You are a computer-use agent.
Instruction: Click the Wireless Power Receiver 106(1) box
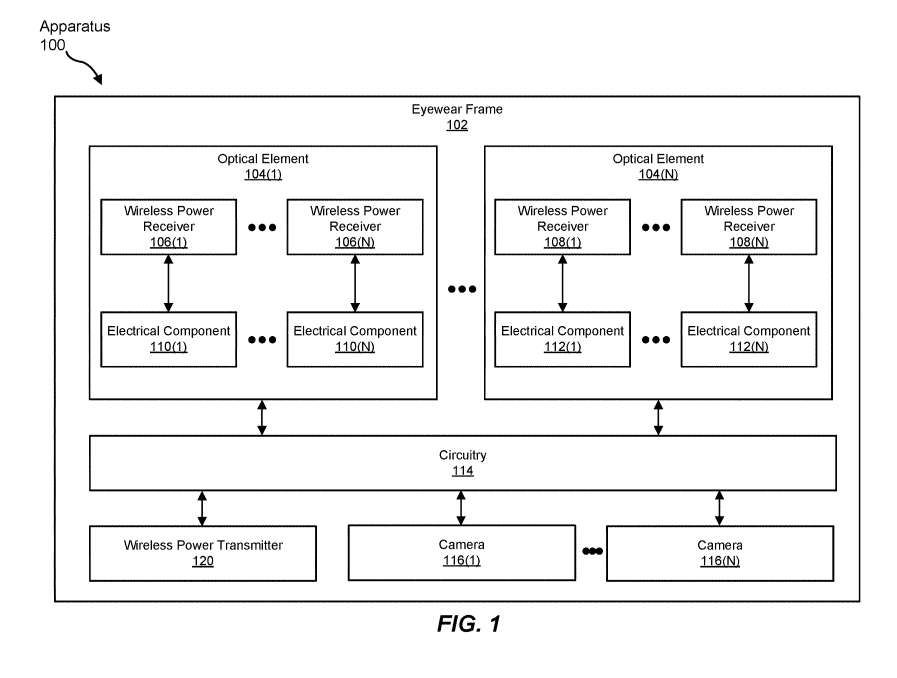click(x=168, y=226)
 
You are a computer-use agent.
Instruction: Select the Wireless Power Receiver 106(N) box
click(x=354, y=226)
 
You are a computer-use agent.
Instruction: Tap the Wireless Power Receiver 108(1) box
click(x=562, y=226)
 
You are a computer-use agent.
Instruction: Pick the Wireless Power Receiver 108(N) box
click(x=748, y=226)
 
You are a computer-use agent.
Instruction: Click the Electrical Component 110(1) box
click(x=168, y=339)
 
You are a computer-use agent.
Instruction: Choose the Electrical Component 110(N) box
click(x=354, y=339)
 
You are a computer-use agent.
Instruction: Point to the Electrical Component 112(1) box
click(x=562, y=339)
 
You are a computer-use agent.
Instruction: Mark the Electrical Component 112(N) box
click(x=748, y=339)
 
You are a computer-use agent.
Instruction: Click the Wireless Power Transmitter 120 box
click(x=203, y=553)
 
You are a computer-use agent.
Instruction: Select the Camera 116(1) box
click(x=461, y=552)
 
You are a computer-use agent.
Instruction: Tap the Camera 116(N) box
click(x=719, y=553)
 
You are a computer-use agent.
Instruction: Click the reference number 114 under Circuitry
click(x=462, y=471)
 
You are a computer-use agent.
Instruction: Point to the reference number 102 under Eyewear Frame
click(x=457, y=125)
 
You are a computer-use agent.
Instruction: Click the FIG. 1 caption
click(x=468, y=625)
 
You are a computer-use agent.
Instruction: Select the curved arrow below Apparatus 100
click(x=85, y=69)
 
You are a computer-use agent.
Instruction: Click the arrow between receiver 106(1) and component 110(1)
click(x=168, y=283)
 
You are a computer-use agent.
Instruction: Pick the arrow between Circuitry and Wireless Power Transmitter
click(x=203, y=508)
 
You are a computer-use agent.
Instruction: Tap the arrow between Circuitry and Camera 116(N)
click(x=719, y=508)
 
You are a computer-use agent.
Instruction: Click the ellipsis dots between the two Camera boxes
click(x=591, y=551)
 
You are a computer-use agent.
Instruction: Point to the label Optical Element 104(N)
click(x=658, y=166)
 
